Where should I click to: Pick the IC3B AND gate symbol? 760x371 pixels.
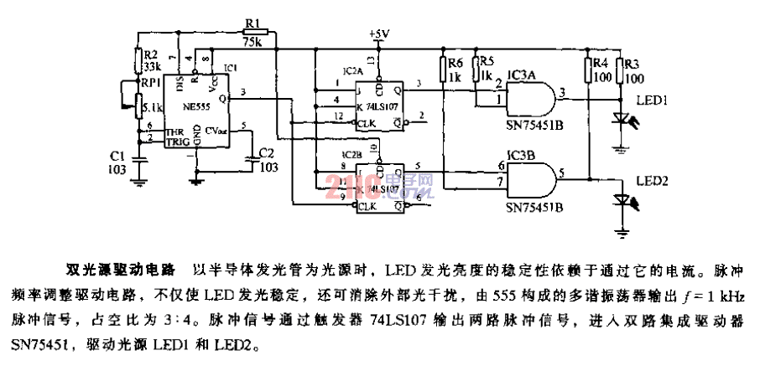pos(538,178)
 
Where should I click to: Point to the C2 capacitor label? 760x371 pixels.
pos(266,154)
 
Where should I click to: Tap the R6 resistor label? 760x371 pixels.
pos(455,61)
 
